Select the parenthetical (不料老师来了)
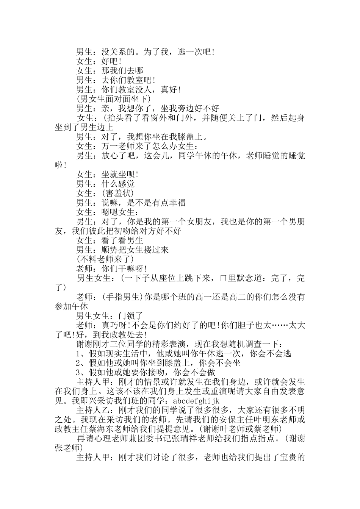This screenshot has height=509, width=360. pyautogui.click(x=105, y=259)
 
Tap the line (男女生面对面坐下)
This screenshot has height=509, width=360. pyautogui.click(x=113, y=99)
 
